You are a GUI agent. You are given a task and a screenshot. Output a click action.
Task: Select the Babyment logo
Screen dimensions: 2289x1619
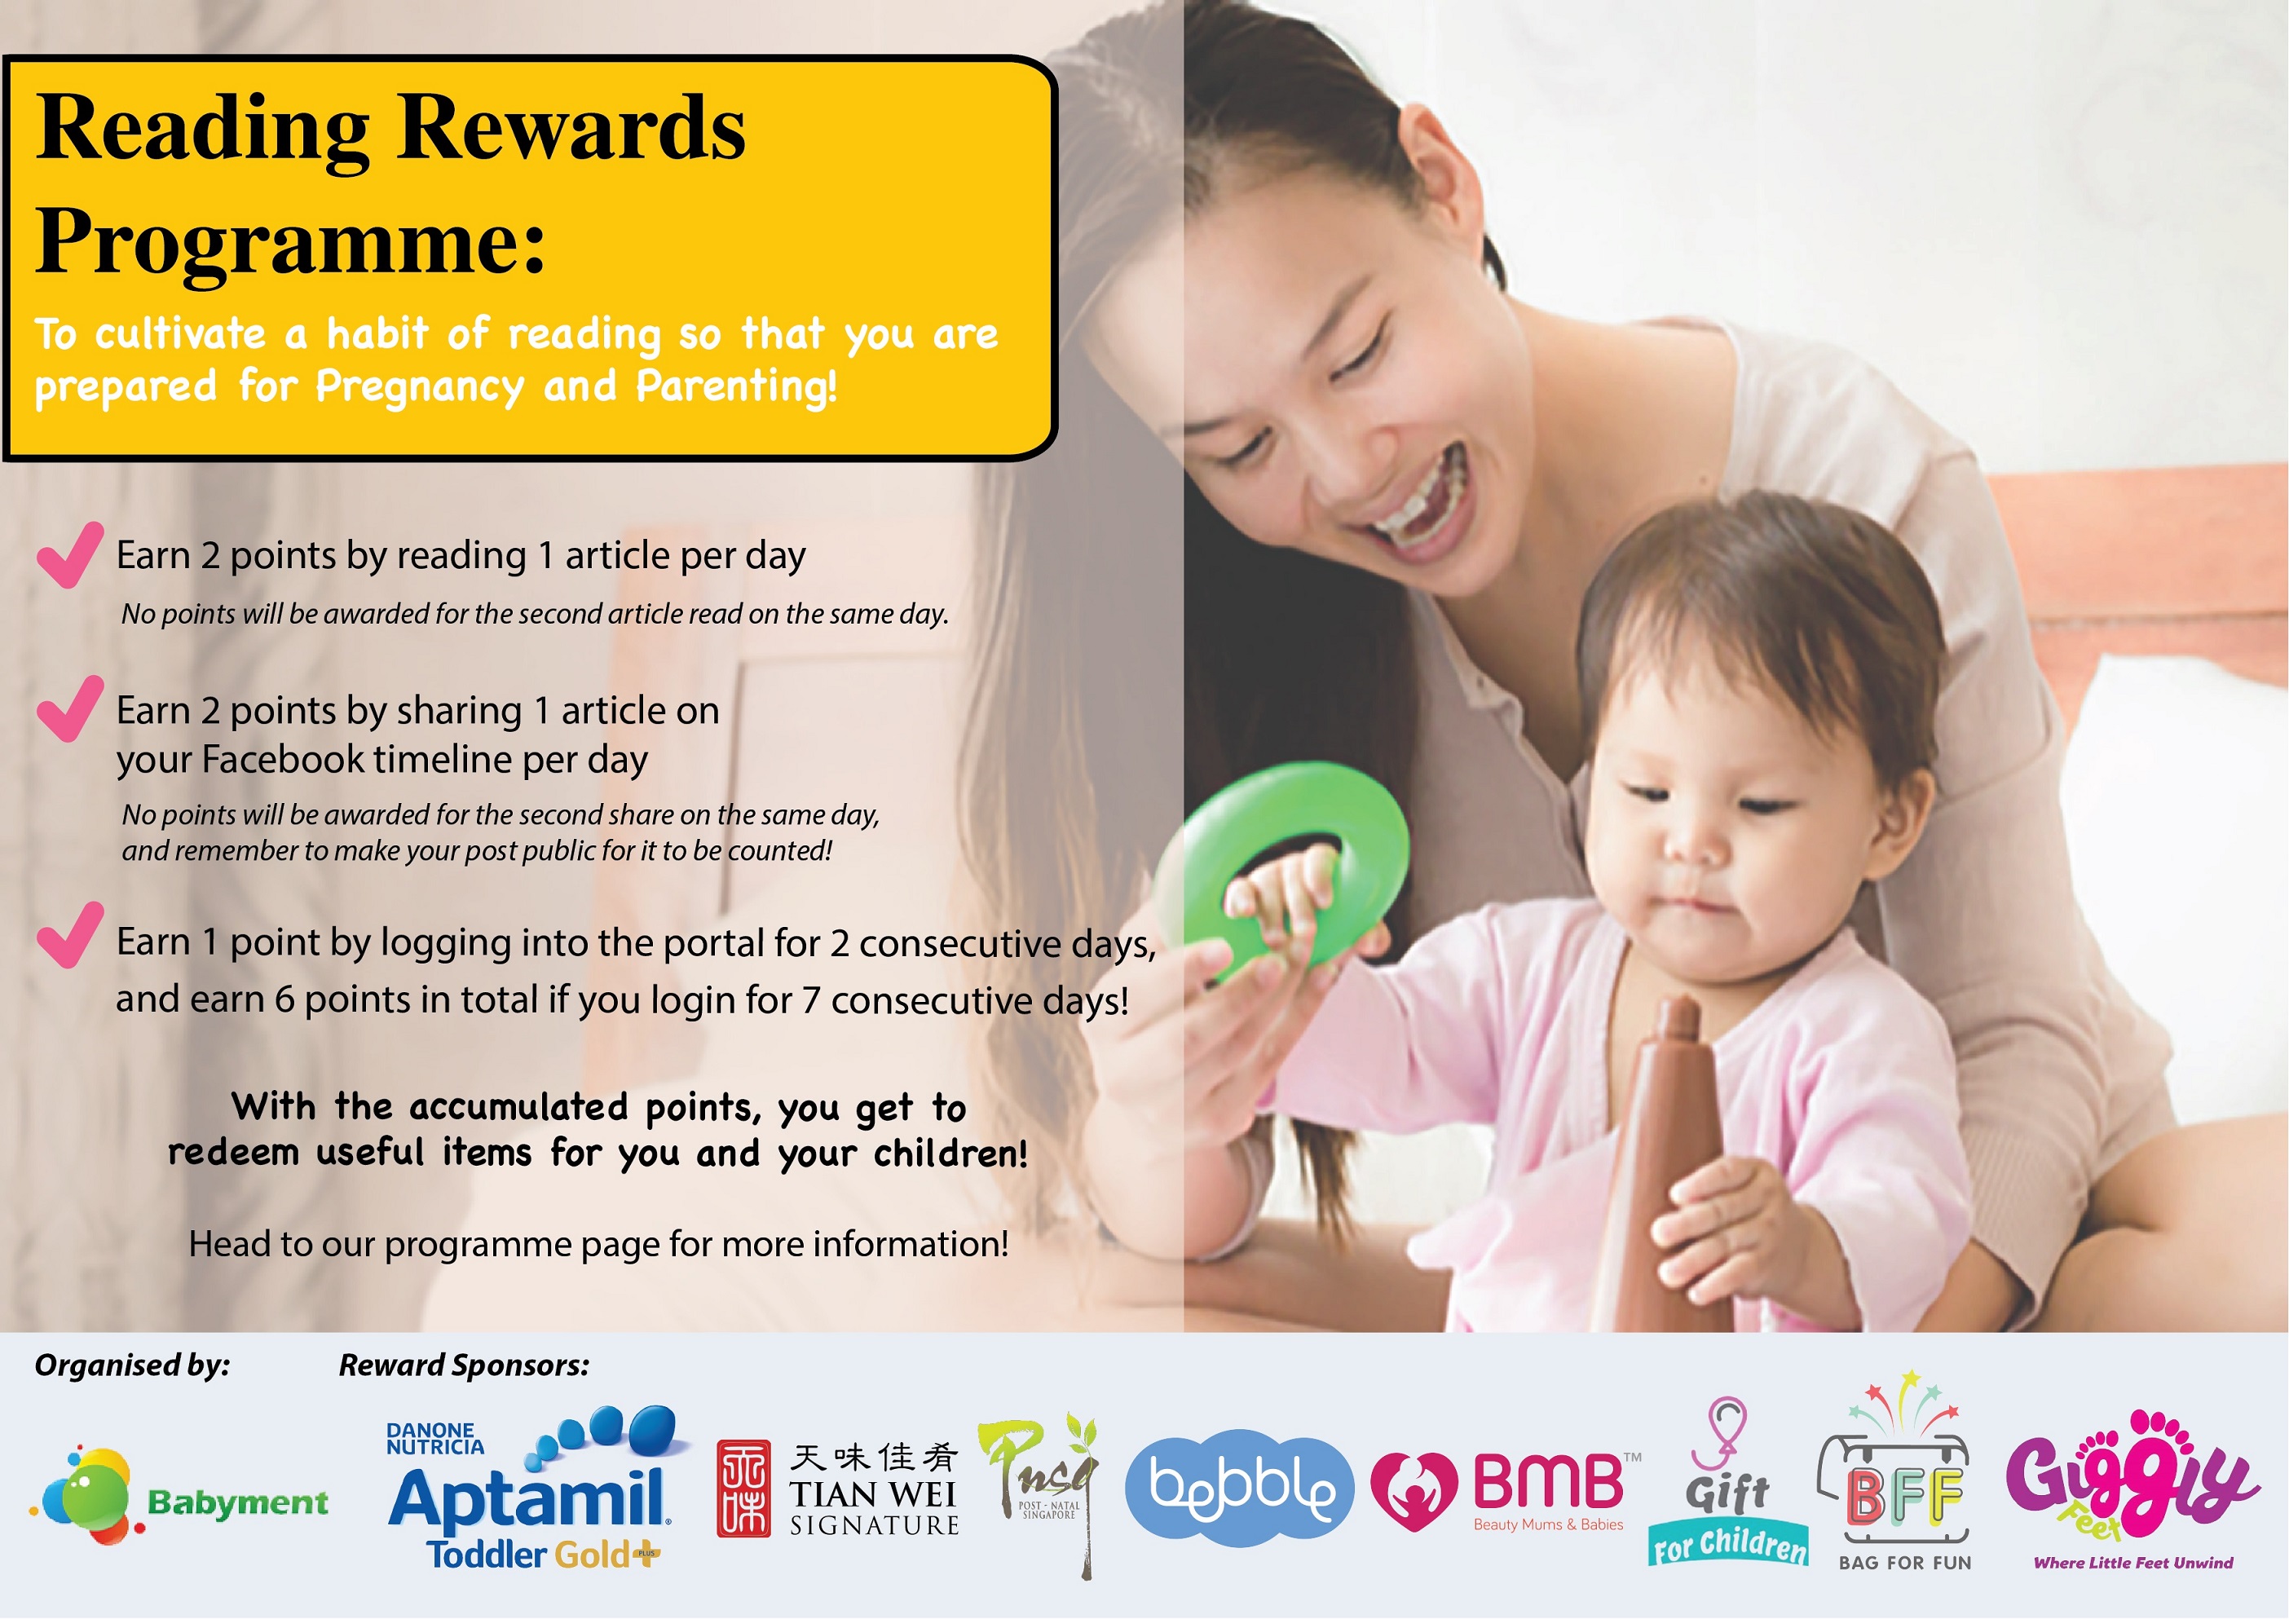[x=179, y=1495]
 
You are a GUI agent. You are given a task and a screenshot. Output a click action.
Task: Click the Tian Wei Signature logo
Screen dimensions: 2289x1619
[x=837, y=1489]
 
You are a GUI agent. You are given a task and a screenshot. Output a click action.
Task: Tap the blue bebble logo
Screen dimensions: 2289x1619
[x=1239, y=1488]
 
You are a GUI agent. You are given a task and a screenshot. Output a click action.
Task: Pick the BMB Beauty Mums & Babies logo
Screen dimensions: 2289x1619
[x=1506, y=1491]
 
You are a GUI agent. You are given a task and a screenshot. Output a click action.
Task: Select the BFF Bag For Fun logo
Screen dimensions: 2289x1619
[x=1904, y=1473]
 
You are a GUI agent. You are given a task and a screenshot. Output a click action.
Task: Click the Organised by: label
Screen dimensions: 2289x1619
[x=133, y=1365]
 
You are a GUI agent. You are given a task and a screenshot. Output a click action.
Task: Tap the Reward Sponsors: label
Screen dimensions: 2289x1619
[x=464, y=1365]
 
